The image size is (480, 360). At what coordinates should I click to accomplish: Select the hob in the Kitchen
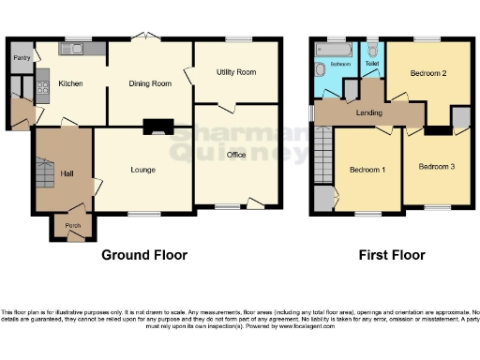click(x=42, y=90)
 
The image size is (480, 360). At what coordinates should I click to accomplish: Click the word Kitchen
click(x=71, y=83)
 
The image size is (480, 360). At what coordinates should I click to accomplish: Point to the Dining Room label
click(x=150, y=83)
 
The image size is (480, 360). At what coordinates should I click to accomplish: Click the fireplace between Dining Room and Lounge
click(x=151, y=127)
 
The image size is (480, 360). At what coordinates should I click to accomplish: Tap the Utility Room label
click(x=237, y=71)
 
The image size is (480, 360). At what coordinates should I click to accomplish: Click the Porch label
click(x=72, y=226)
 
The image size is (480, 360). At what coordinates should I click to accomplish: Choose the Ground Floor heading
click(x=144, y=255)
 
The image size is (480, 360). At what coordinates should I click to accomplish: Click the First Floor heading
click(x=391, y=255)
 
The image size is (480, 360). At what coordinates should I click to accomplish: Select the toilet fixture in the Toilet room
click(x=372, y=51)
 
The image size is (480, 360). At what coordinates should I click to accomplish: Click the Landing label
click(x=368, y=113)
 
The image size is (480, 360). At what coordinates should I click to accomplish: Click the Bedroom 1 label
click(x=367, y=170)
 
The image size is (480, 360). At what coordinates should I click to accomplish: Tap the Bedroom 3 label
click(x=436, y=166)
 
